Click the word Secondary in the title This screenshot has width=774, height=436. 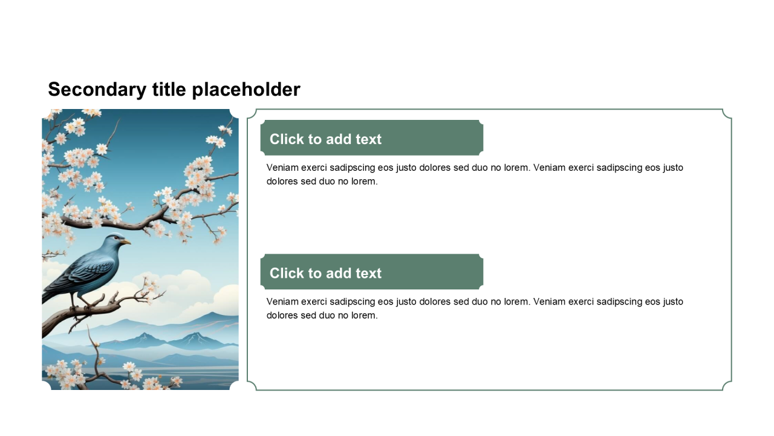coord(97,90)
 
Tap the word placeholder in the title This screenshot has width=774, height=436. coord(246,90)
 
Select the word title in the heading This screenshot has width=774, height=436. coord(169,89)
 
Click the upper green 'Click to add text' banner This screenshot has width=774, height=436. coord(372,137)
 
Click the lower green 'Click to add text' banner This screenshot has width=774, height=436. coord(372,272)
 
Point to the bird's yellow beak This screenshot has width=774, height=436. coord(126,242)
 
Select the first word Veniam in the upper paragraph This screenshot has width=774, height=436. coord(282,168)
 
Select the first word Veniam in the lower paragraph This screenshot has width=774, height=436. coord(282,302)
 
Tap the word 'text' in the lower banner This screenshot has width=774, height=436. coord(368,273)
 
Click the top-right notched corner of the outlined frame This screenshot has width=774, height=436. coord(727,114)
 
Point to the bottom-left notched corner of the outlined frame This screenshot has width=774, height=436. coord(252,386)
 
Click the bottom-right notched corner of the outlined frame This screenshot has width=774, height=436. coord(727,386)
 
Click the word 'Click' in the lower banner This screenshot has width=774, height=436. coord(287,273)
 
